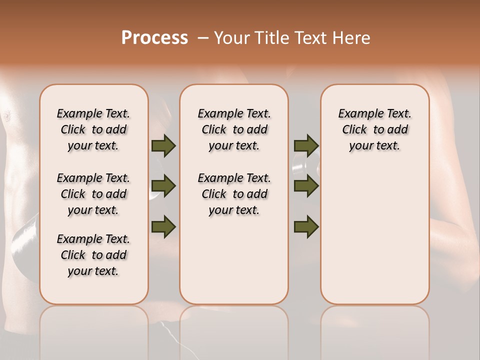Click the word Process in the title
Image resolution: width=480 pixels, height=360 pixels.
click(154, 38)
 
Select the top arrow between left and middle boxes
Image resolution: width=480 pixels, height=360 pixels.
click(163, 145)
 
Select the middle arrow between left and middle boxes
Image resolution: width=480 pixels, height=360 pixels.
click(163, 186)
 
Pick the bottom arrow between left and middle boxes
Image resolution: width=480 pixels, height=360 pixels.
click(163, 226)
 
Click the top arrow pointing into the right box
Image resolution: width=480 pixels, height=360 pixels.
click(306, 145)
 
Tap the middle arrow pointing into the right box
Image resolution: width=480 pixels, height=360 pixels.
click(306, 186)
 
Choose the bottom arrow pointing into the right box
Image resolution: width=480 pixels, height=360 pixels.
click(306, 226)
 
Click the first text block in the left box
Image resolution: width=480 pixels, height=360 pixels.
click(93, 129)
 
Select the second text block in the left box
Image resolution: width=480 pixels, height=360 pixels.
click(93, 194)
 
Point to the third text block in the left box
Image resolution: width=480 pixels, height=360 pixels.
click(93, 255)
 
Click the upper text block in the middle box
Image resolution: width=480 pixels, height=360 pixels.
click(234, 129)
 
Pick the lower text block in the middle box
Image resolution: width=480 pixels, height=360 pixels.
click(234, 194)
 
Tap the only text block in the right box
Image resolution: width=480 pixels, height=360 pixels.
click(374, 129)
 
